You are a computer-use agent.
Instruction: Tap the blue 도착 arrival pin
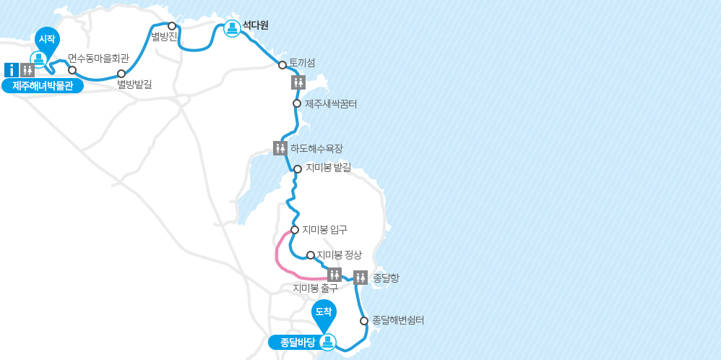(x=324, y=312)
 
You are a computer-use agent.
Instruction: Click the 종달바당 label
(x=293, y=342)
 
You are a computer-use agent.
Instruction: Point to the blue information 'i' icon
(x=11, y=70)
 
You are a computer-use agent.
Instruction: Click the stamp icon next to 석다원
(x=232, y=28)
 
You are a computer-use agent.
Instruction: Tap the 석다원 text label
(x=255, y=25)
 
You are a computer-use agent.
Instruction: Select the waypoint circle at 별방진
(x=172, y=26)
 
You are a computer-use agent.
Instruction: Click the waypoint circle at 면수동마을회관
(x=72, y=70)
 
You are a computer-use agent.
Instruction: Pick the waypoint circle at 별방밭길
(x=121, y=74)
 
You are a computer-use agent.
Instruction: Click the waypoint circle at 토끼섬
(x=282, y=65)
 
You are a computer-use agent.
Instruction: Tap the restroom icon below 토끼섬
(x=298, y=82)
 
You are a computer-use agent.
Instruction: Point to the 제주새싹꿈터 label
(x=331, y=104)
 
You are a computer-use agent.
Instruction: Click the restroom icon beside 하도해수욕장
(x=280, y=148)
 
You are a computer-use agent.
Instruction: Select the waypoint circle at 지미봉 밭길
(x=297, y=169)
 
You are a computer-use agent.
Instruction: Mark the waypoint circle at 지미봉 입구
(x=295, y=230)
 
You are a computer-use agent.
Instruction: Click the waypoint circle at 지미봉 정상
(x=311, y=255)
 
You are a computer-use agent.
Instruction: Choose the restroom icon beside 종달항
(x=360, y=277)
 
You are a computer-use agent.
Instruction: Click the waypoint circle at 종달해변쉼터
(x=364, y=320)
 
